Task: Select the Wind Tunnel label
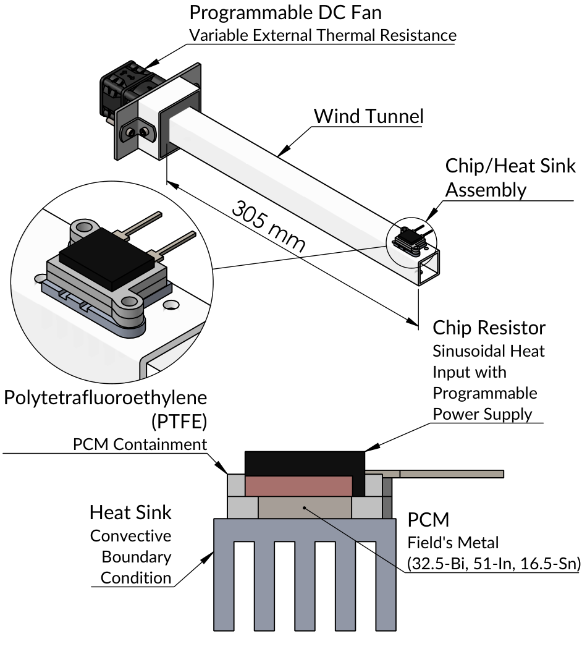coord(368,116)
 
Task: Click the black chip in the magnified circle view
coord(106,258)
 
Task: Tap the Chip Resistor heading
coord(489,328)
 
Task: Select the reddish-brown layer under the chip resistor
coord(298,486)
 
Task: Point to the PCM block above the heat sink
coord(304,507)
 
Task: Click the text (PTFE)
coord(178,422)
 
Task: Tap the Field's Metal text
coord(452,543)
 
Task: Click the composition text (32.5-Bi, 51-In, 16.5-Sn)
coord(492,563)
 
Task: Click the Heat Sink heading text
coord(130,512)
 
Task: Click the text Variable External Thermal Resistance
coord(323,35)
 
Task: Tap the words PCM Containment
coord(140,444)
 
